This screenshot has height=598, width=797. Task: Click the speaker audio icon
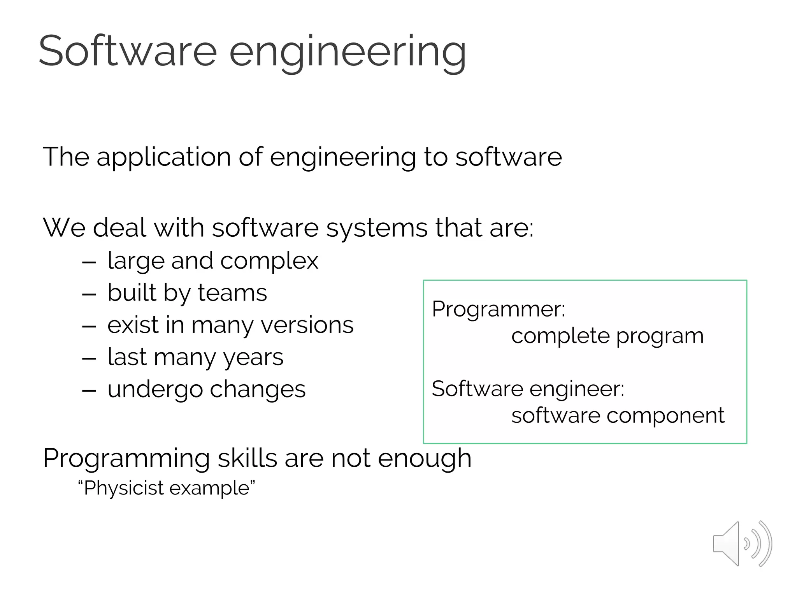pyautogui.click(x=742, y=543)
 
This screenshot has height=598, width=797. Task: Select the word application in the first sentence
pyautogui.click(x=163, y=157)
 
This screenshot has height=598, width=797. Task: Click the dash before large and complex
pyautogui.click(x=89, y=262)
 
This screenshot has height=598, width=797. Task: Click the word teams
pyautogui.click(x=232, y=293)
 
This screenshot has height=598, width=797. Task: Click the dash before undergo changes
pyautogui.click(x=89, y=390)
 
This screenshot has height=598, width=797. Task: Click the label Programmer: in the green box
pyautogui.click(x=498, y=309)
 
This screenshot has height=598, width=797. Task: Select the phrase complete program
pyautogui.click(x=607, y=336)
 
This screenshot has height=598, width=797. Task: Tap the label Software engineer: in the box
pyautogui.click(x=528, y=389)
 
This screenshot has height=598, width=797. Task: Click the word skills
pyautogui.click(x=247, y=458)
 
